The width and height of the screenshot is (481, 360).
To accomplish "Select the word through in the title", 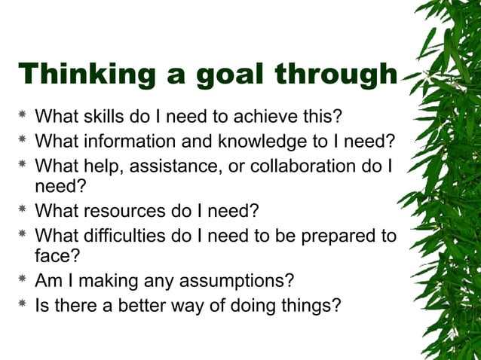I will point(335,75).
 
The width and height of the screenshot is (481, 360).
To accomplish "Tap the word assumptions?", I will point(231,281).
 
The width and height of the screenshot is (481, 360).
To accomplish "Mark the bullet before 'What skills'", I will point(23,117).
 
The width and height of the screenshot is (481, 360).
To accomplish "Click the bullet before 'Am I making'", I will point(23,281).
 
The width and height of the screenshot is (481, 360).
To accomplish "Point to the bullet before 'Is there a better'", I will point(23,306).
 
